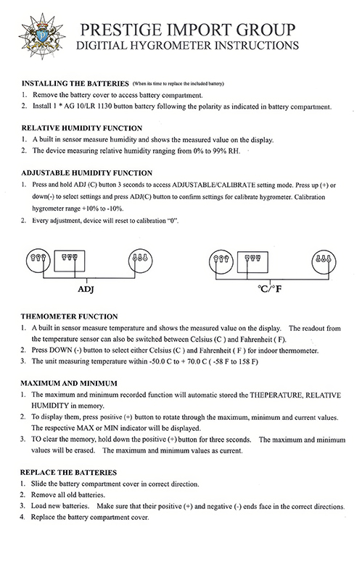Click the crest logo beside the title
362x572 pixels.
pyautogui.click(x=42, y=35)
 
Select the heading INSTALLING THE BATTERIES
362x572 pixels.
pyautogui.click(x=75, y=83)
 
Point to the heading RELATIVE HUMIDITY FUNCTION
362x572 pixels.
pyautogui.click(x=81, y=128)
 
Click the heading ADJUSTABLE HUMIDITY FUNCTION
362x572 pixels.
pyautogui.click(x=86, y=173)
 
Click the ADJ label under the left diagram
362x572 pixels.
pyautogui.click(x=86, y=290)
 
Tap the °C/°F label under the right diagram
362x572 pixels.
pyautogui.click(x=270, y=290)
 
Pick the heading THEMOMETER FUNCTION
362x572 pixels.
pyautogui.click(x=69, y=316)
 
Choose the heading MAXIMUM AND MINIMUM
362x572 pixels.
pyautogui.click(x=69, y=384)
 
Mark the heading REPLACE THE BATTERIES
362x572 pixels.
pyautogui.click(x=68, y=472)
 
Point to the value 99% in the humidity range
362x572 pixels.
pyautogui.click(x=219, y=151)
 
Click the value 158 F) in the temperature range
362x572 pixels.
pyautogui.click(x=248, y=362)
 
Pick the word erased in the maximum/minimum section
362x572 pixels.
pyautogui.click(x=84, y=450)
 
